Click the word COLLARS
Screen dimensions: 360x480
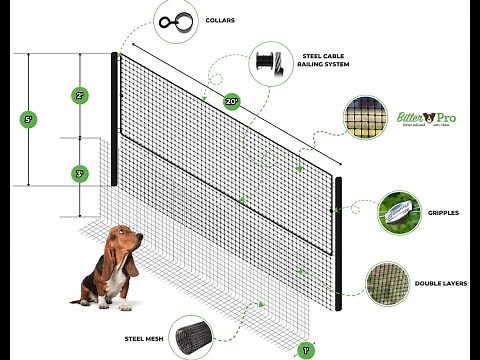point(222,18)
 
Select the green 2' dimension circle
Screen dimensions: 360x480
point(79,96)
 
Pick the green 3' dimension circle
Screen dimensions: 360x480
point(79,174)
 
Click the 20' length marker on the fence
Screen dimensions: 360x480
point(232,99)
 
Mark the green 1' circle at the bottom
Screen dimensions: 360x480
point(307,351)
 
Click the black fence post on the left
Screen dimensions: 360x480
point(115,120)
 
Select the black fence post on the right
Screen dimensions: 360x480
point(339,240)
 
